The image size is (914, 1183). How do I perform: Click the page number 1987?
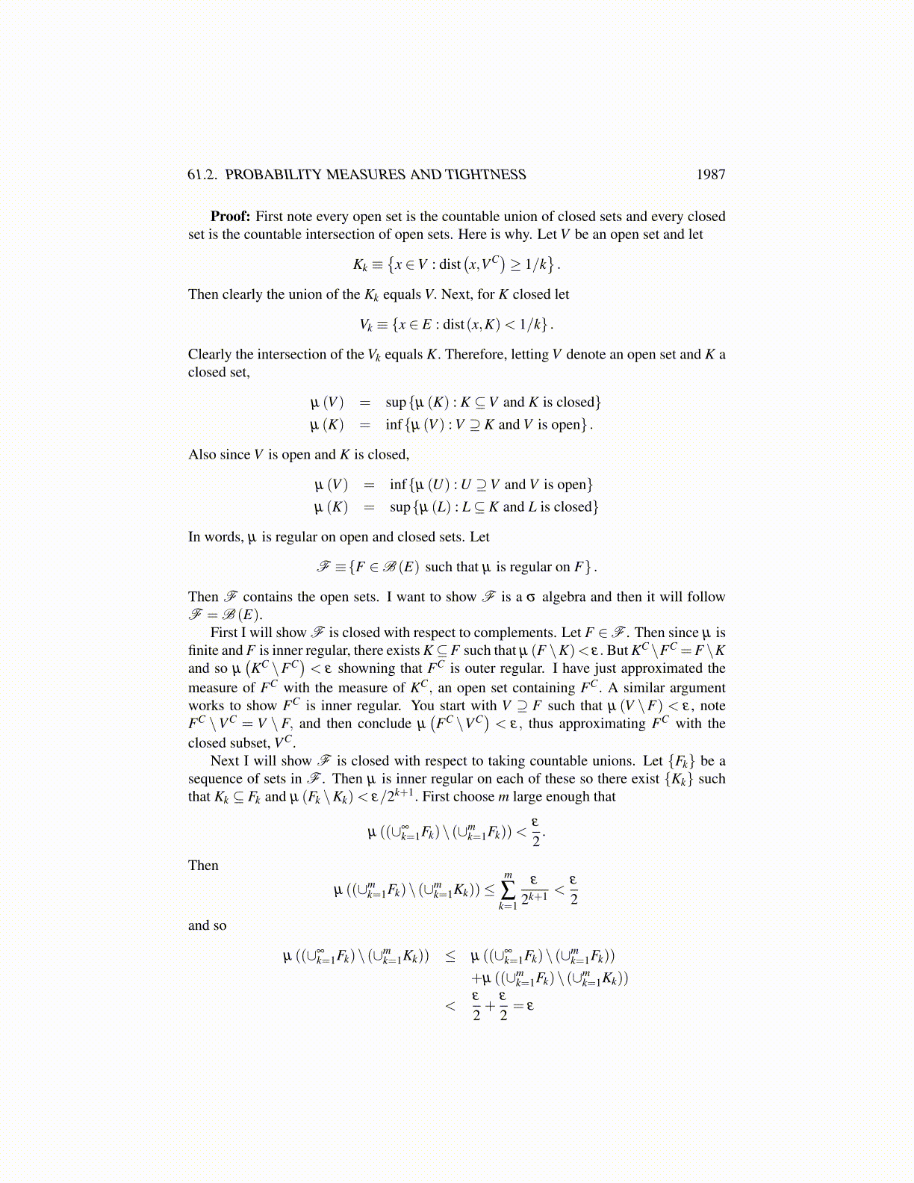point(710,175)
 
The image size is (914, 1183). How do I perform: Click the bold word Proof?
point(229,217)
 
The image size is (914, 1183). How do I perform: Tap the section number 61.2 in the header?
point(202,175)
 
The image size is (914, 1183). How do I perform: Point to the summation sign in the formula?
point(508,889)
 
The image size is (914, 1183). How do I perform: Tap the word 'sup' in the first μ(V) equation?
point(396,403)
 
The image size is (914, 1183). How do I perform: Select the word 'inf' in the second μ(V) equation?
point(398,485)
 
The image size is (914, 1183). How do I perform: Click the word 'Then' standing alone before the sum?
point(203,866)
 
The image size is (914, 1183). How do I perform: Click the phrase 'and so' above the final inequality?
point(207,925)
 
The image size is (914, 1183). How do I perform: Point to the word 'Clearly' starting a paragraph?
point(210,355)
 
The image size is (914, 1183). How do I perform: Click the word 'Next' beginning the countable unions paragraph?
point(224,761)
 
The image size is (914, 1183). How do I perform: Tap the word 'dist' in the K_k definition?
point(450,264)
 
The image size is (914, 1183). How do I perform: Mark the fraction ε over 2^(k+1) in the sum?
point(534,889)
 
